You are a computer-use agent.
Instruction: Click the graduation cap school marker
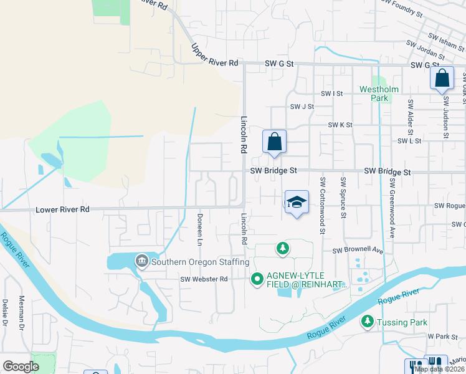point(297,202)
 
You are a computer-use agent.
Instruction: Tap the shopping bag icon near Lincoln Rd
point(274,141)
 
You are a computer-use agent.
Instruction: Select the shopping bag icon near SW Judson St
point(442,79)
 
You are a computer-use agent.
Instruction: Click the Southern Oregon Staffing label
point(195,262)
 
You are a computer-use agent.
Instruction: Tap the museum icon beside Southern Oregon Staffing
point(141,261)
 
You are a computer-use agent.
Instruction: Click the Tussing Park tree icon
point(368,322)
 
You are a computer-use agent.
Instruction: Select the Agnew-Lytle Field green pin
point(257,279)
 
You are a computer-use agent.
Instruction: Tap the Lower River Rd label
point(63,209)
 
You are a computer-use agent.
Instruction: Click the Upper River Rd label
point(215,55)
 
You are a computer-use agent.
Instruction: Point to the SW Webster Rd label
point(204,279)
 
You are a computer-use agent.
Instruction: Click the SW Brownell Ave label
point(357,250)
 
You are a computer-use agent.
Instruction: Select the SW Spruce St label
point(343,198)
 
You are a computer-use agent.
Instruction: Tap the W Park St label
point(442,335)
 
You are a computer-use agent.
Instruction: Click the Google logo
point(21,366)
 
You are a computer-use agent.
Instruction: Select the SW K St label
point(341,125)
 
